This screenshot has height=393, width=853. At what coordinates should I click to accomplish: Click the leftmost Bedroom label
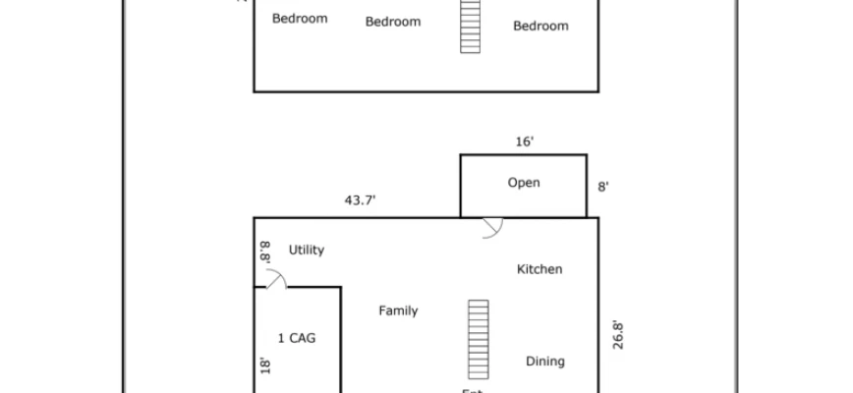[300, 18]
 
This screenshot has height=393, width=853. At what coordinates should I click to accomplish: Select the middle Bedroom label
[393, 22]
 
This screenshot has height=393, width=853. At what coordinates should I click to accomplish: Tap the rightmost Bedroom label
[540, 26]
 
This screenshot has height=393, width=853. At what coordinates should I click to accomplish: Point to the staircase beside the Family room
[478, 338]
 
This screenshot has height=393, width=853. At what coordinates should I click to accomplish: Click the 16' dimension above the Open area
[525, 142]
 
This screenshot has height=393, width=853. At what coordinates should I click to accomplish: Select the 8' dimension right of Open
[603, 185]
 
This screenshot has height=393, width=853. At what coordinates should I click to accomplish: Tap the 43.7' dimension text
[361, 199]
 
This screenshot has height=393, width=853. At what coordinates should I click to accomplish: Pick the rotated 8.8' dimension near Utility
[264, 252]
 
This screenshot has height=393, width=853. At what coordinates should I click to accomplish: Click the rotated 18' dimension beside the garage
[264, 365]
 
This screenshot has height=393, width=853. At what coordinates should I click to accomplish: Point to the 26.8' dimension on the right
[617, 335]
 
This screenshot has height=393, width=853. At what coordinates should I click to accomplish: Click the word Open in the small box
[523, 183]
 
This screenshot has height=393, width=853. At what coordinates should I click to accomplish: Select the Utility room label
[306, 250]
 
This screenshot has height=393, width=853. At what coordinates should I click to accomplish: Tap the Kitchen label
[540, 269]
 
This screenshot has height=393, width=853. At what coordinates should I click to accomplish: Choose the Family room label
[398, 310]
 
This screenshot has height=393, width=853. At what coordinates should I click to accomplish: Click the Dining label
[544, 361]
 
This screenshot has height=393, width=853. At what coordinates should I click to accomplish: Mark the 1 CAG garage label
[297, 338]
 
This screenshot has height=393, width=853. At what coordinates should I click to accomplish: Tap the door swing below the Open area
[491, 227]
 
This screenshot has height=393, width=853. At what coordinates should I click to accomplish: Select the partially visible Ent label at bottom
[472, 390]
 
